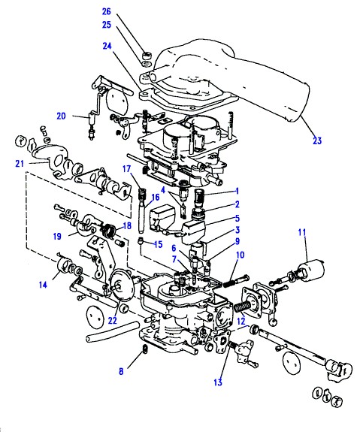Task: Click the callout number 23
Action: point(317,140)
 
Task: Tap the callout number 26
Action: point(107,11)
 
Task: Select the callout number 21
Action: point(20,164)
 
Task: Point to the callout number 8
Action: point(121,371)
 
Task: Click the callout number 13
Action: point(218,382)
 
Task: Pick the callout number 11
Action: point(302,233)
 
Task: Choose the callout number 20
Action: point(61,116)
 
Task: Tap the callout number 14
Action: point(43,285)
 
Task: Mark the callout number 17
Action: point(126,169)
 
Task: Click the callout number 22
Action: point(112,320)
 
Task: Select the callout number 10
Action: point(240,255)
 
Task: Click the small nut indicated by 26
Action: point(147,56)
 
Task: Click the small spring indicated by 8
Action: point(145,349)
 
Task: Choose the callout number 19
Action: point(57,237)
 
